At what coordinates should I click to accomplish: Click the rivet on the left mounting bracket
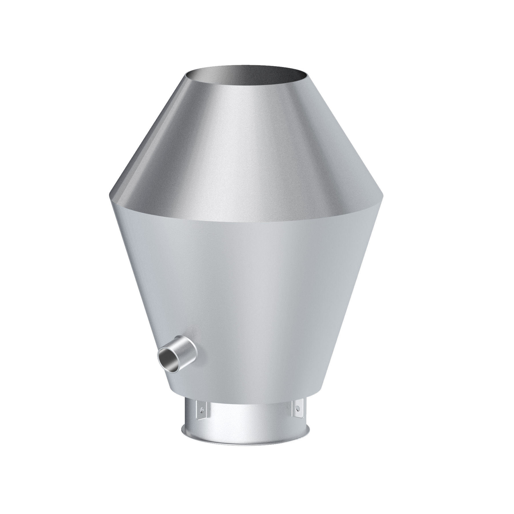click(x=202, y=419)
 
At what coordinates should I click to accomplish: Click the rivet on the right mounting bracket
click(x=298, y=416)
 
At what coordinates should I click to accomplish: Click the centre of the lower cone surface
click(x=248, y=300)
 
